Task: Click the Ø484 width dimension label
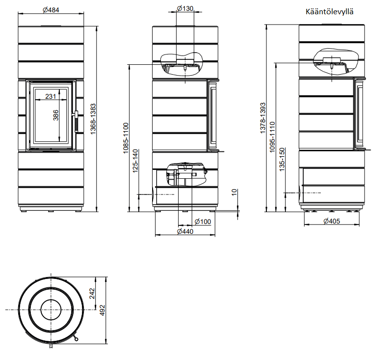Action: click(x=51, y=10)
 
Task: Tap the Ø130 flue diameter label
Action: click(x=185, y=8)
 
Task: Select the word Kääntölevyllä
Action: click(x=329, y=12)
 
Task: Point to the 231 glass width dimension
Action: click(x=51, y=96)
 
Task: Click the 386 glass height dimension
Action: click(x=56, y=115)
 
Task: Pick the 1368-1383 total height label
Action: click(x=93, y=119)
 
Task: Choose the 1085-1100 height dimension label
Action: click(x=126, y=138)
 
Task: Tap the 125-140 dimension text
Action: click(x=135, y=161)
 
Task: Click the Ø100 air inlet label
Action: click(x=203, y=222)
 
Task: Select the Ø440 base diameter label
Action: click(x=185, y=231)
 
